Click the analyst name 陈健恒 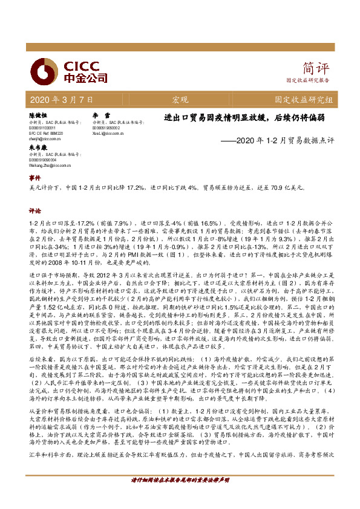[x=38, y=114]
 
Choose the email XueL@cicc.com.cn [x=108, y=134]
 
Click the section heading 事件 [x=35, y=179]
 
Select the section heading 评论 [x=35, y=212]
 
